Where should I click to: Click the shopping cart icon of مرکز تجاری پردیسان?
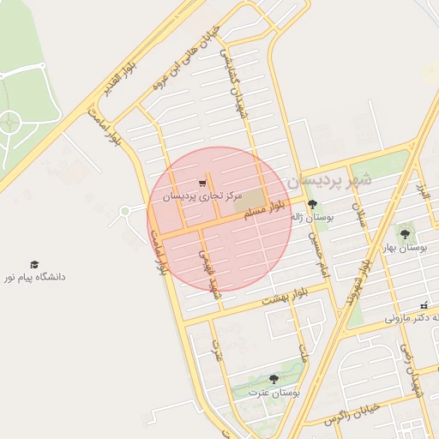pyautogui.click(x=202, y=183)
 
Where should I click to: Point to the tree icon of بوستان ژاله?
pyautogui.click(x=310, y=204)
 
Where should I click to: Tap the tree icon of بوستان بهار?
pyautogui.click(x=405, y=233)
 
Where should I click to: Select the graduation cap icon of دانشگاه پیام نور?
pyautogui.click(x=34, y=265)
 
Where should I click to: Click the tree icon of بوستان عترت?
pyautogui.click(x=274, y=378)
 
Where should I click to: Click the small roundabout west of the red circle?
pyautogui.click(x=126, y=211)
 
